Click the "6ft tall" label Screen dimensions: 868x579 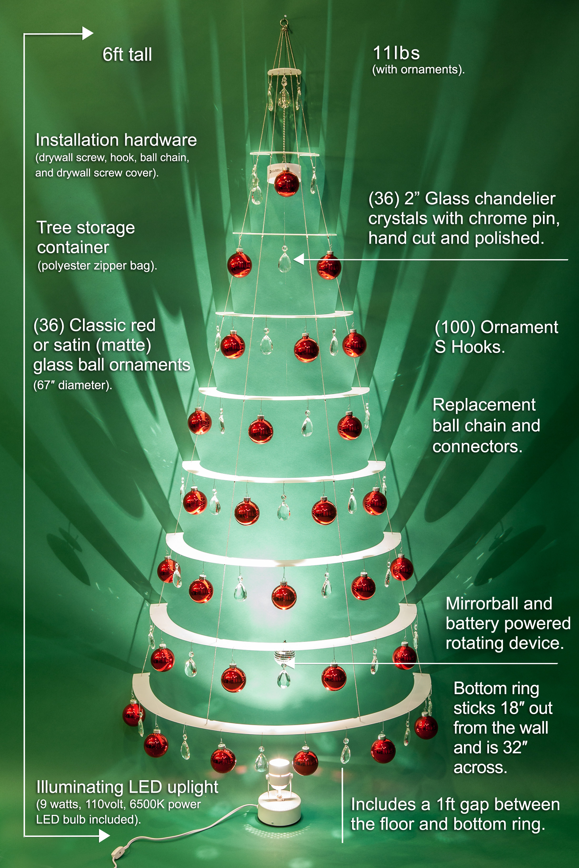pos(127,55)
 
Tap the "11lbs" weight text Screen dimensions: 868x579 pos(396,53)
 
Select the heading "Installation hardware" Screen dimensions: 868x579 pos(116,140)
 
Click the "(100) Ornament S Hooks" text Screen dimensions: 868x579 pos(496,337)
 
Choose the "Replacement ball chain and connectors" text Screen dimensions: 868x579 pos(486,426)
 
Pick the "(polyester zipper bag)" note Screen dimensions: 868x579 pos(97,266)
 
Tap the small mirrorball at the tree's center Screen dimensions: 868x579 pos(284,658)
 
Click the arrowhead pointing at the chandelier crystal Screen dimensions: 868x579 pos(299,259)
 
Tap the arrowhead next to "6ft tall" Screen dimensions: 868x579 pos(88,34)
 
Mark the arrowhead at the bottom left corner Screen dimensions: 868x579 pos(104,836)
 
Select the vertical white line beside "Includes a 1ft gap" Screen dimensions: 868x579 pos(342,805)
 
